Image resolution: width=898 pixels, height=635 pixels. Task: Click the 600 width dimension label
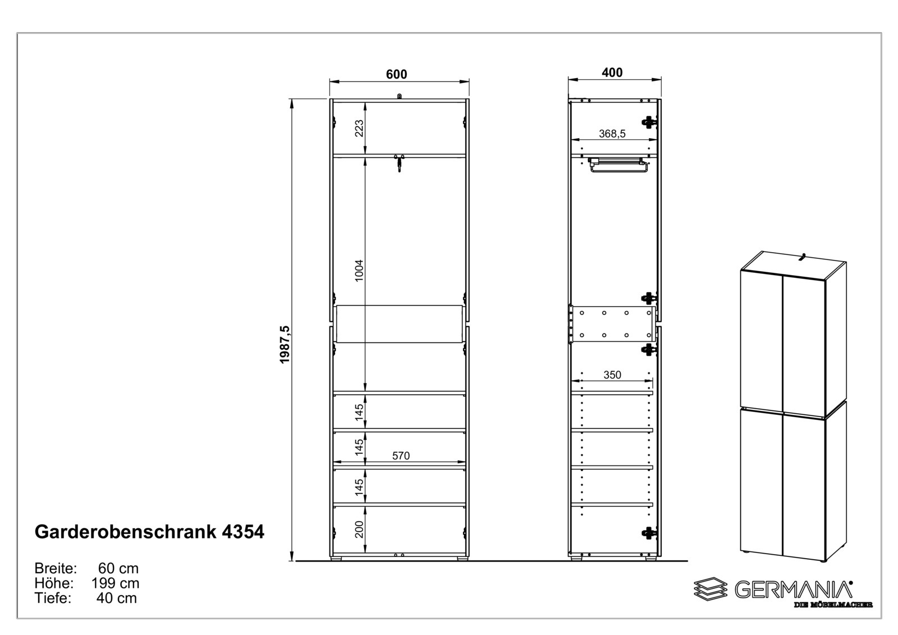pos(396,74)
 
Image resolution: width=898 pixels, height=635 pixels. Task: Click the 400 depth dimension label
pos(612,72)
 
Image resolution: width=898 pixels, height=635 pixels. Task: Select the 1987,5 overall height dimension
pos(285,344)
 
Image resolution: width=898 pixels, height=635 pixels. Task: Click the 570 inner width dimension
pos(401,456)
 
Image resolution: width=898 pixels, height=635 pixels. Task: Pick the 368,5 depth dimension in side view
pos(612,134)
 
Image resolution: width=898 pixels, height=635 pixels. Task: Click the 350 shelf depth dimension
pos(612,374)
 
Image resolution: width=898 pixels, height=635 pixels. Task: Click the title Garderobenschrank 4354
pos(149,532)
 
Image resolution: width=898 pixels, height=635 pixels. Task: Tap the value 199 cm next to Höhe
pos(115,583)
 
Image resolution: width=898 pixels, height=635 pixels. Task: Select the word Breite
pos(55,568)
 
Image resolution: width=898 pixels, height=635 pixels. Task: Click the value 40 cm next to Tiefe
pos(116,599)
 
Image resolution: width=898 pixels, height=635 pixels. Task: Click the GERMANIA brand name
pos(793,589)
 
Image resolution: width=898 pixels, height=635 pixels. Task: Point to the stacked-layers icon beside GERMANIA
pos(711,589)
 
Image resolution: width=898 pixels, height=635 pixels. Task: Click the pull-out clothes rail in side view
pos(617,166)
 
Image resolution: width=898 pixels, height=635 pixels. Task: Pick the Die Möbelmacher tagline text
pos(833,605)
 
